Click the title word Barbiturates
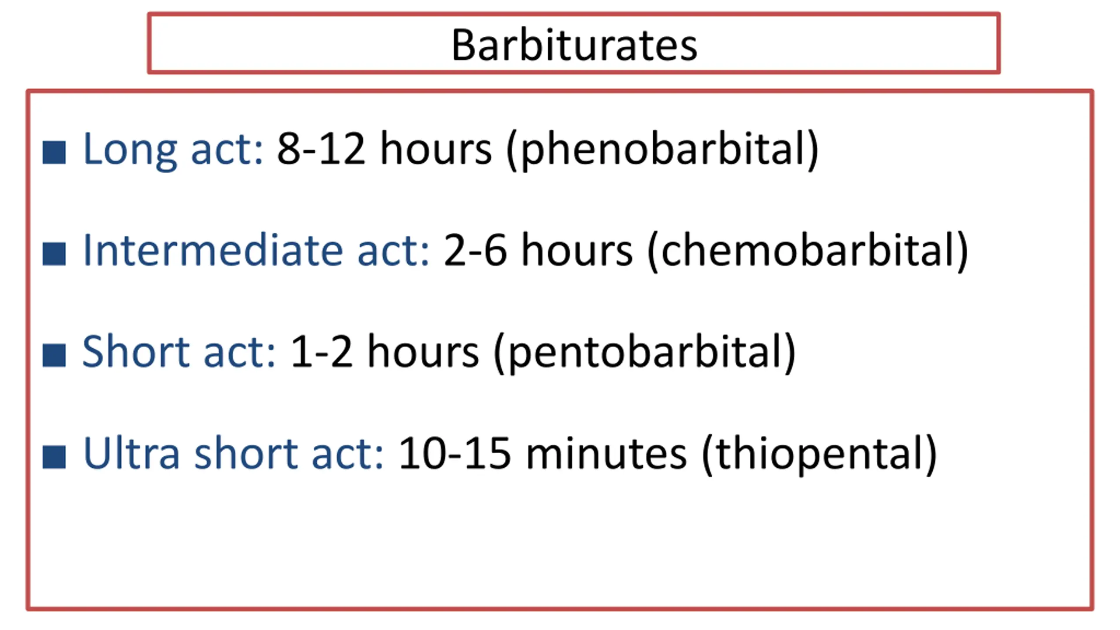(x=574, y=45)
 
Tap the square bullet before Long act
(x=54, y=152)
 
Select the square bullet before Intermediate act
(x=54, y=254)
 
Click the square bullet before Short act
(x=54, y=355)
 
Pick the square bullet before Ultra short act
(x=54, y=456)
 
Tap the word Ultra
(x=131, y=453)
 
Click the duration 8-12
(x=321, y=149)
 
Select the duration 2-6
(x=475, y=250)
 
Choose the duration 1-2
(x=321, y=352)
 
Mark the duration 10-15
(x=455, y=453)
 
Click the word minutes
(x=606, y=453)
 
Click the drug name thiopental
(x=819, y=455)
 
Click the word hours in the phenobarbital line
(x=436, y=149)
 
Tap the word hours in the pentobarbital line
(x=423, y=352)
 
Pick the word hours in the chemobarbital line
(x=577, y=250)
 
